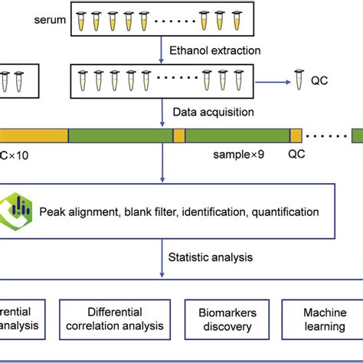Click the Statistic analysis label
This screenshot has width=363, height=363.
[211, 257]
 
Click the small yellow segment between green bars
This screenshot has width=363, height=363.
[179, 136]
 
